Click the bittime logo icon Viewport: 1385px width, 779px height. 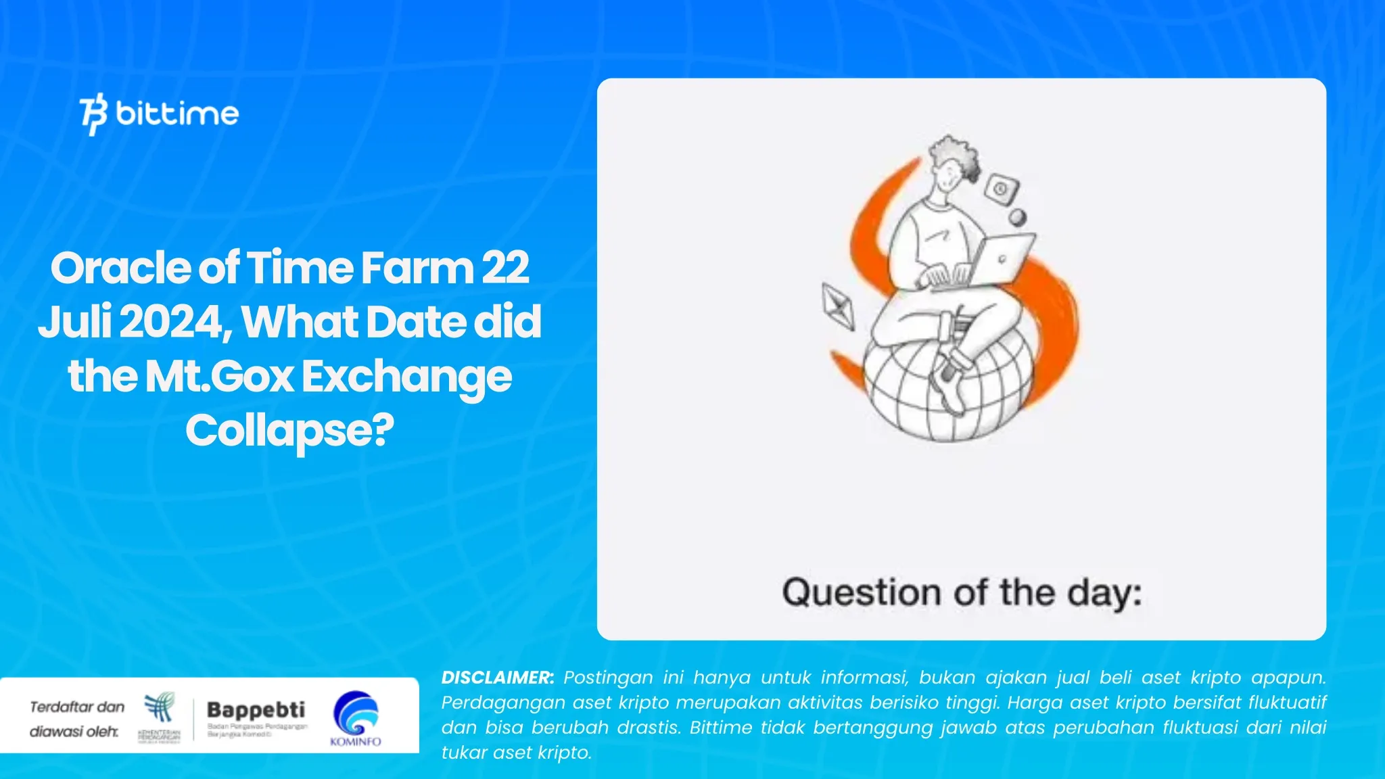click(x=93, y=114)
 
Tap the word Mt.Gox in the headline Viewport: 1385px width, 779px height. click(x=219, y=376)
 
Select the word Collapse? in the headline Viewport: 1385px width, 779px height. click(x=289, y=431)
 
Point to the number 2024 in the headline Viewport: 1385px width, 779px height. click(x=172, y=322)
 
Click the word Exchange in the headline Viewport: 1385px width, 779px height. click(x=406, y=377)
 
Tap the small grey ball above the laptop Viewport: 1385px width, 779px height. click(x=1017, y=218)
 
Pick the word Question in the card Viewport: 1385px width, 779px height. click(x=861, y=593)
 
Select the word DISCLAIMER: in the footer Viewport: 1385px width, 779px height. click(x=497, y=678)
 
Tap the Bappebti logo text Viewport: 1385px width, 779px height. click(x=256, y=710)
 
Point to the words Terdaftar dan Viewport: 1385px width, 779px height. click(x=77, y=707)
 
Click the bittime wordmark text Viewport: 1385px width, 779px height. click(x=177, y=114)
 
